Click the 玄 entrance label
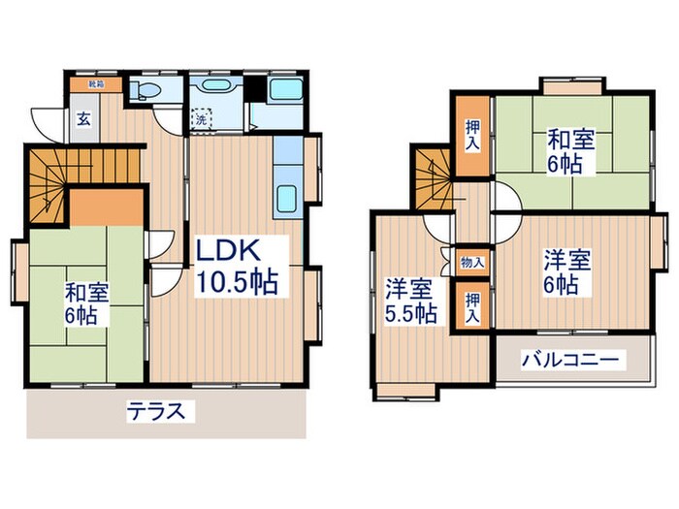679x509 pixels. [84, 120]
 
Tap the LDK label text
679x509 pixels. [229, 251]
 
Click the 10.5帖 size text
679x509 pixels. [238, 283]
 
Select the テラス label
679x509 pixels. [155, 410]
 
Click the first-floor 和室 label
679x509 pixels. [85, 290]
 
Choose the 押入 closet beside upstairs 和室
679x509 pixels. [471, 136]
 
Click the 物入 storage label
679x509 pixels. [472, 262]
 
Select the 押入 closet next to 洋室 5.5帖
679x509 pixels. [472, 306]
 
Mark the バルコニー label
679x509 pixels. [570, 361]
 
